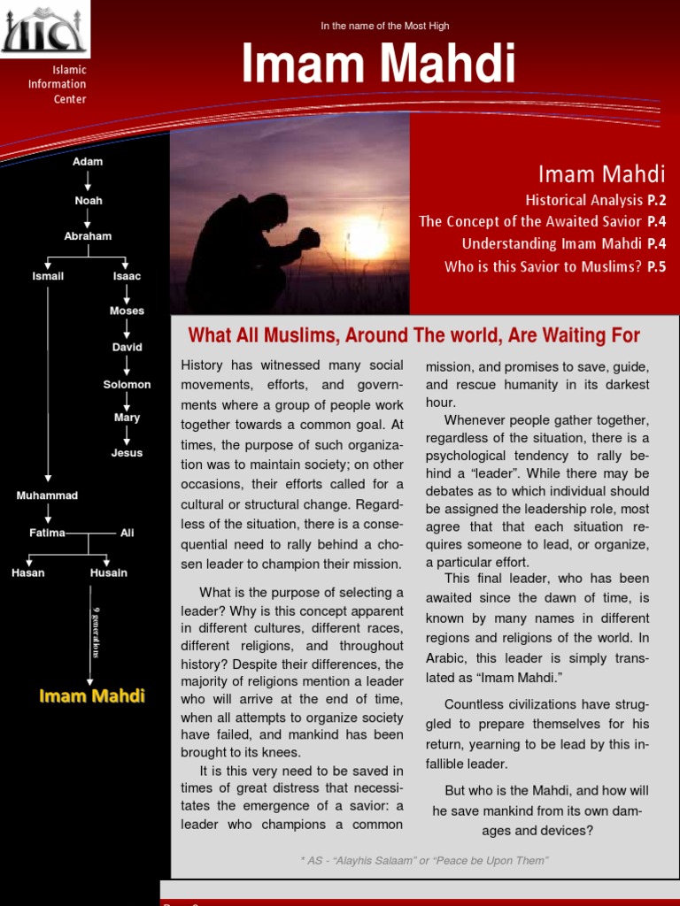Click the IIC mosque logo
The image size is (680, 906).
tap(44, 29)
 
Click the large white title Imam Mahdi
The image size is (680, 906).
tap(378, 65)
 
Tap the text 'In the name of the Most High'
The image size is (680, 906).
tap(384, 27)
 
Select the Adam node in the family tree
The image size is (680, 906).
tap(88, 162)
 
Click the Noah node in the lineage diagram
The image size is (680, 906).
tap(88, 201)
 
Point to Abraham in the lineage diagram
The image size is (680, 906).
tap(88, 236)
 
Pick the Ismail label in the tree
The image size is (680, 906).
tap(48, 276)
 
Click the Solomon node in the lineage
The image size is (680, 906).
tap(127, 385)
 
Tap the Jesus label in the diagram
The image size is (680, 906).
tap(127, 453)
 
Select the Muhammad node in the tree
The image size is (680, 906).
tap(47, 495)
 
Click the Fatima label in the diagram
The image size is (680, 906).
tap(47, 533)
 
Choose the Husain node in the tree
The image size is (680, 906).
tap(108, 572)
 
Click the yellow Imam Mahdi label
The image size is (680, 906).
tap(91, 695)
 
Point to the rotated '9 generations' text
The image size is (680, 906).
tap(96, 633)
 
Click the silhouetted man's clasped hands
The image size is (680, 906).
tap(307, 237)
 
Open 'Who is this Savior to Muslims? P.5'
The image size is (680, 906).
tap(554, 266)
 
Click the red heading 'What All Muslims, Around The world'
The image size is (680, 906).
tap(413, 335)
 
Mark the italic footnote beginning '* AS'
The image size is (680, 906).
tap(424, 861)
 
